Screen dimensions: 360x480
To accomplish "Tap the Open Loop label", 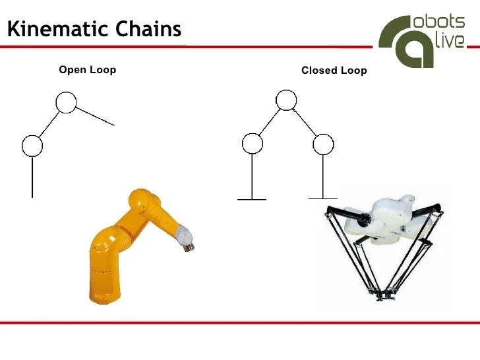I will click(87, 70).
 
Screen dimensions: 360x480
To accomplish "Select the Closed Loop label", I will click(334, 71).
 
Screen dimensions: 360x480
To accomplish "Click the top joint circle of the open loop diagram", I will click(65, 102).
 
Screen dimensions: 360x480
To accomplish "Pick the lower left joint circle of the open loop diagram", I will click(32, 145).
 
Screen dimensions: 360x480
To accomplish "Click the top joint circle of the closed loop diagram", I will click(285, 100).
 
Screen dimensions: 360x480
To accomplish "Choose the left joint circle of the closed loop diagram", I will click(253, 144).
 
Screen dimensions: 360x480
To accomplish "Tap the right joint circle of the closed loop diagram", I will click(322, 144).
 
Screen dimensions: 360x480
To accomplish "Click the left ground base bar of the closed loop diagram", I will click(252, 199).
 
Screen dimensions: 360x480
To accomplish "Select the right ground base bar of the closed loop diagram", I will click(322, 198).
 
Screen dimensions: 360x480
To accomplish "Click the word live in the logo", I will click(450, 40).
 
